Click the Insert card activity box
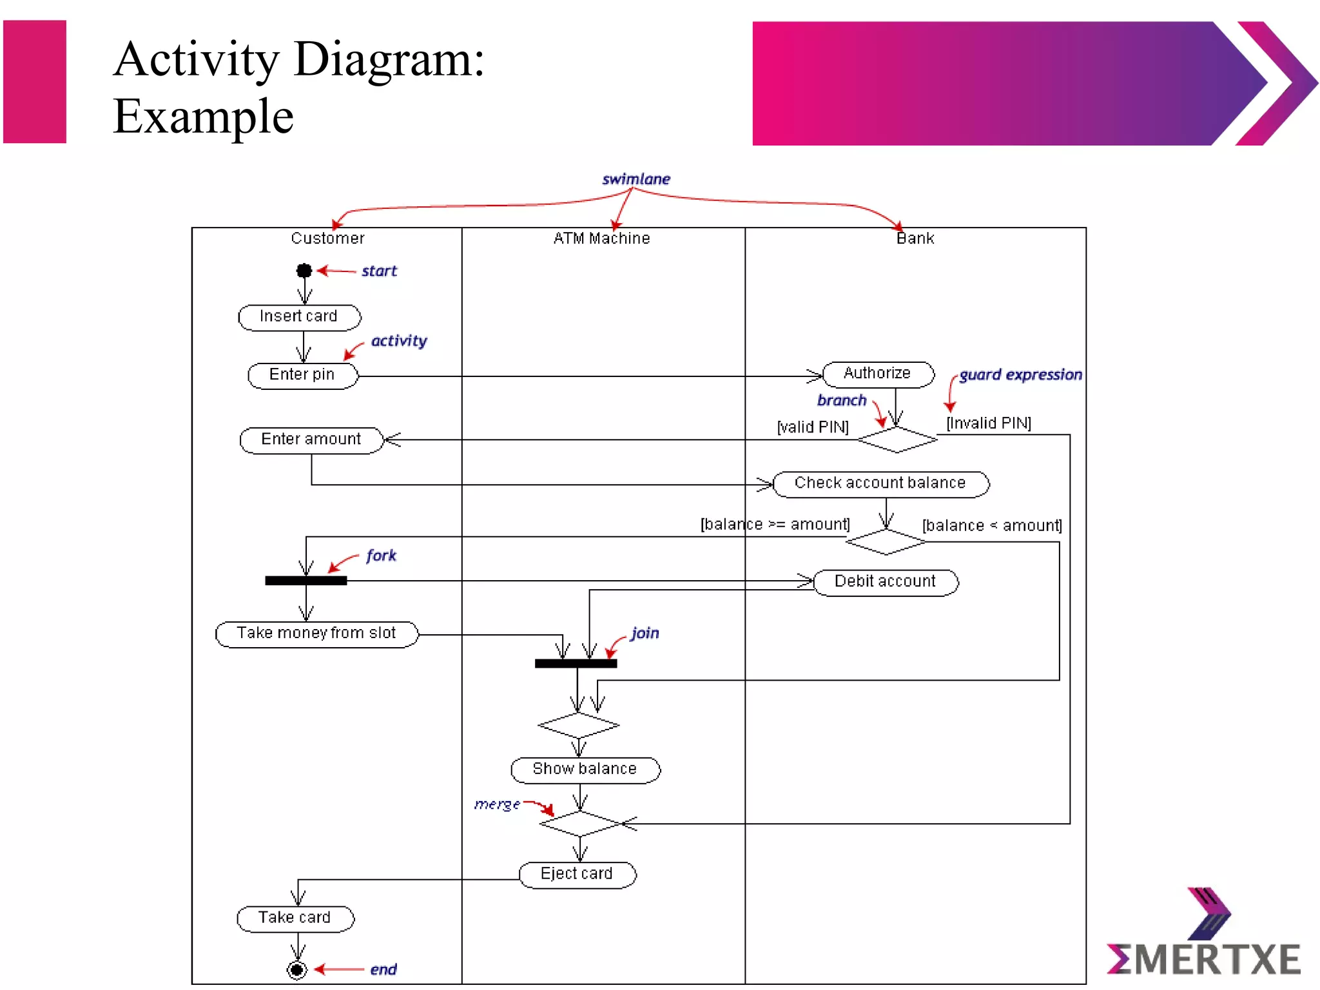tap(299, 317)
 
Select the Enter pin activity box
tap(302, 375)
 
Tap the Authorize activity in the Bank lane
tap(878, 374)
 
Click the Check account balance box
tap(880, 483)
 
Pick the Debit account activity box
tap(886, 582)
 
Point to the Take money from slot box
tap(316, 634)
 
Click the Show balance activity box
tap(585, 770)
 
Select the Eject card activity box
tap(577, 874)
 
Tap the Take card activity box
tap(295, 918)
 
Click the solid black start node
tap(304, 271)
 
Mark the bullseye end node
tap(296, 969)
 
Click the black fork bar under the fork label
tap(306, 581)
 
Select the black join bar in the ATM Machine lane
tap(576, 663)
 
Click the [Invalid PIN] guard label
tap(989, 423)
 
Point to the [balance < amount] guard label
tap(992, 526)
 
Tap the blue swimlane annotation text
tap(636, 179)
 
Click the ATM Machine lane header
tap(601, 238)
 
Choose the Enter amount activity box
tap(311, 440)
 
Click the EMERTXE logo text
tap(1204, 959)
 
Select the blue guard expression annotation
tap(1020, 374)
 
